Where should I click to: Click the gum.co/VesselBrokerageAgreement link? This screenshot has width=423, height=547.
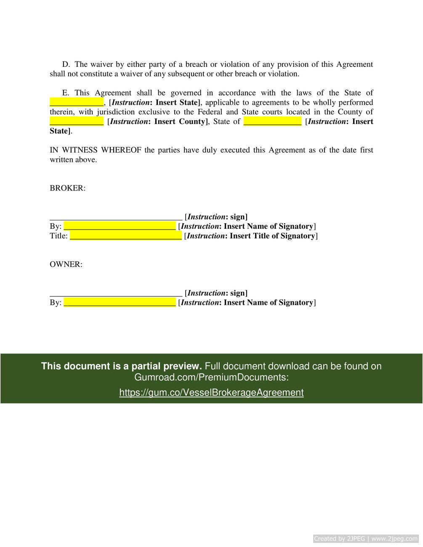(x=211, y=393)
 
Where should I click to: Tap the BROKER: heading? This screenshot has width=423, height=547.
(x=67, y=188)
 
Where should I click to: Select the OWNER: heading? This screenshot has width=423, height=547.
(x=66, y=264)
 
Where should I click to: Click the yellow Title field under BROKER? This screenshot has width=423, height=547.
(x=125, y=236)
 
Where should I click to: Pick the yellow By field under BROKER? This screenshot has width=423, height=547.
(x=120, y=227)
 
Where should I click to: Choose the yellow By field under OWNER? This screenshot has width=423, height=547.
(x=120, y=303)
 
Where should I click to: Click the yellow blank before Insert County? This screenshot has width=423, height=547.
(x=77, y=122)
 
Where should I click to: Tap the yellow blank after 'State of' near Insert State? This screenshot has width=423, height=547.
(x=272, y=122)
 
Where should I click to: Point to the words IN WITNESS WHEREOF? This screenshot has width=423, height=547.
(x=95, y=150)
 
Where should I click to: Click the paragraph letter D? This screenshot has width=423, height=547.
(x=66, y=64)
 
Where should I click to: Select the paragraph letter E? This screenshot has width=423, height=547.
(x=66, y=93)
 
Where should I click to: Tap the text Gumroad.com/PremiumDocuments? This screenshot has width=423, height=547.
(x=211, y=377)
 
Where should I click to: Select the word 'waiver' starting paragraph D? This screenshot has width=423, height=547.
(x=101, y=64)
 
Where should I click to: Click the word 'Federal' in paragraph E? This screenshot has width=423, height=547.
(x=210, y=112)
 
